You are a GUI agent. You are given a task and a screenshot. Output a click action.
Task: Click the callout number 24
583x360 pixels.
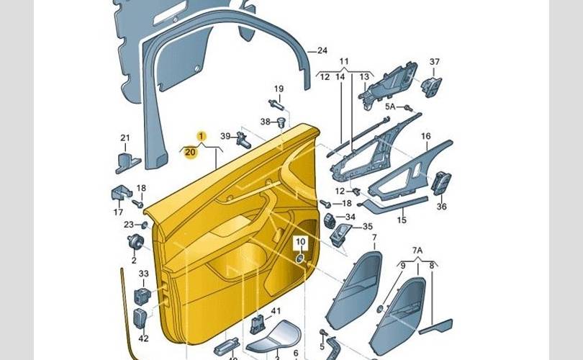[x=322, y=50]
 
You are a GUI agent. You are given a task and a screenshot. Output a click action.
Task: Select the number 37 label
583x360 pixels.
[x=434, y=62]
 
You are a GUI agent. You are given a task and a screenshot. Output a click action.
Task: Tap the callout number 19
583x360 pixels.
[x=279, y=89]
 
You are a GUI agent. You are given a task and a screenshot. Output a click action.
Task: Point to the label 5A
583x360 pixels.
[x=390, y=107]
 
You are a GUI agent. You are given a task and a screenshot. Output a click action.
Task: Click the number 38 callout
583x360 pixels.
[x=265, y=121]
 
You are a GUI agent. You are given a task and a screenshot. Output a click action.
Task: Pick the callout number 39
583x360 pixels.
[x=225, y=136]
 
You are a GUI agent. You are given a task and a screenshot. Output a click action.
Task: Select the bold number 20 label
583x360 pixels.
[x=189, y=152]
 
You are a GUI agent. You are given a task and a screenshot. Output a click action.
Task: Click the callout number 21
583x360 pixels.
[x=125, y=138]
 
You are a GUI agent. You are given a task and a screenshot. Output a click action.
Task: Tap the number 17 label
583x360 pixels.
[x=118, y=212]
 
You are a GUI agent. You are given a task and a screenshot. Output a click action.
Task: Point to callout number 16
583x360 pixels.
[x=425, y=136]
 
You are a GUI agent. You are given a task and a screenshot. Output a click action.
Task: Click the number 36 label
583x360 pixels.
[x=441, y=207]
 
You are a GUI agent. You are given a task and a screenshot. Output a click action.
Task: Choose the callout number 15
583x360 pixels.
[x=402, y=220]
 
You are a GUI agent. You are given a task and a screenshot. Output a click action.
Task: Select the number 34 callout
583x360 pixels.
[x=350, y=217]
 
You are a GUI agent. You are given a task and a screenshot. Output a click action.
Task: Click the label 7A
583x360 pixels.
[x=417, y=250]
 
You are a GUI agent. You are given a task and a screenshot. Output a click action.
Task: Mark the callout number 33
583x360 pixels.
[x=143, y=274]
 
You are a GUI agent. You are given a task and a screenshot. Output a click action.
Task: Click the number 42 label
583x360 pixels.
[x=143, y=338]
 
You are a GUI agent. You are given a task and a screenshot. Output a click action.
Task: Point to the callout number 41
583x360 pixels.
[x=274, y=310]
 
